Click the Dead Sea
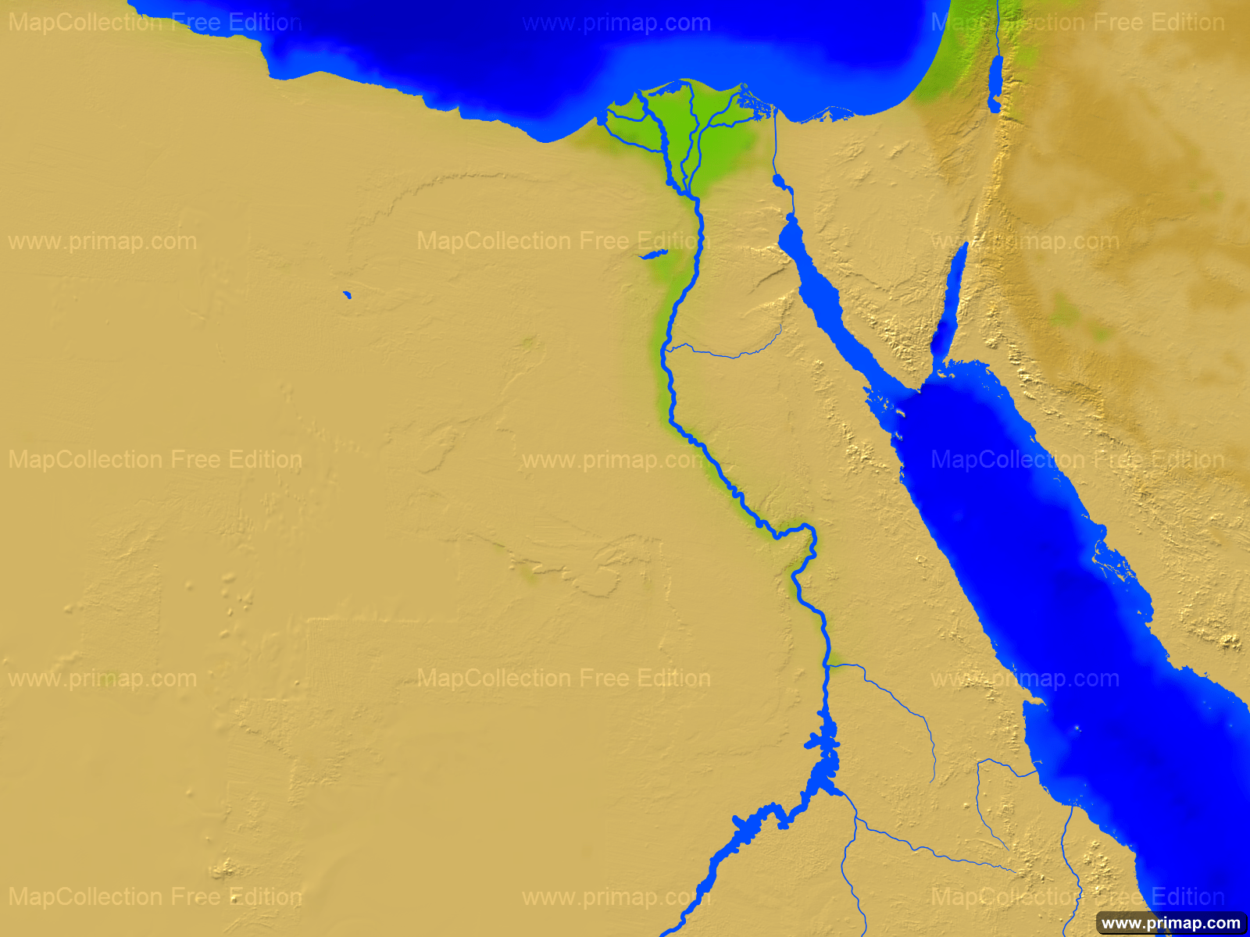point(995,84)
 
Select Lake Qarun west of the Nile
point(653,255)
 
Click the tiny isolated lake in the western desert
point(347,295)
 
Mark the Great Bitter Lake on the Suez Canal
point(779,182)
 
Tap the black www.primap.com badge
point(1170,923)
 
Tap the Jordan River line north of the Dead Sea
point(998,31)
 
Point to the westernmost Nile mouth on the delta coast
point(602,119)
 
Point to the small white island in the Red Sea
point(1078,728)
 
